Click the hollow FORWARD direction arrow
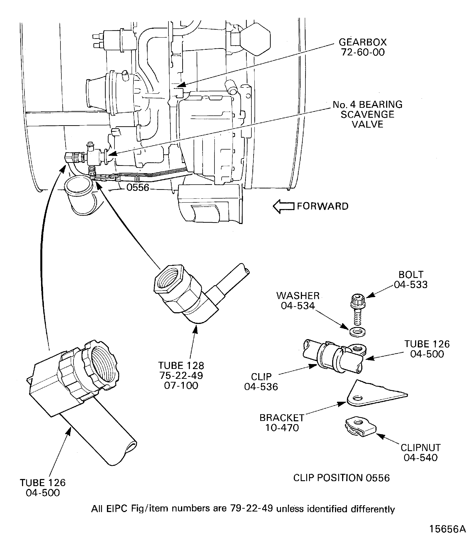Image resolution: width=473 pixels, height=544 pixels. coord(283,206)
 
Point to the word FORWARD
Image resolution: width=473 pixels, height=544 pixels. coord(323,206)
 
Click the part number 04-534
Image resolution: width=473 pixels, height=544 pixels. coord(298,306)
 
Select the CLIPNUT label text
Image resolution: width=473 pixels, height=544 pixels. coord(420,448)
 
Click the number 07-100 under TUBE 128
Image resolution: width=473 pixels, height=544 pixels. coord(181,386)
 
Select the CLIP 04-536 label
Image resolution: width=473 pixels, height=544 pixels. coord(261,382)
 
